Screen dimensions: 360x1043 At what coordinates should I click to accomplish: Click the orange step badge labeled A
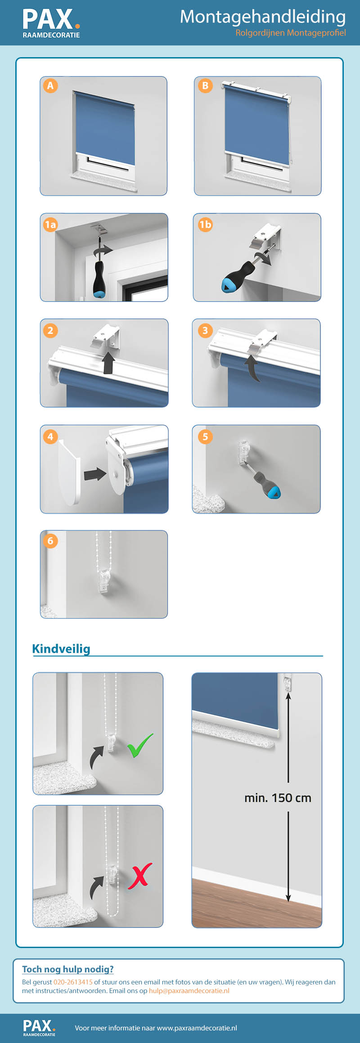coord(50,85)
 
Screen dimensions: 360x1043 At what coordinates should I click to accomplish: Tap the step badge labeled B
coord(205,85)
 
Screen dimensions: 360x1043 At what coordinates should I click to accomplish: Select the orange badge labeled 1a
coord(50,224)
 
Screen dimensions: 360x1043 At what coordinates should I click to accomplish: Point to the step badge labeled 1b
coord(205,224)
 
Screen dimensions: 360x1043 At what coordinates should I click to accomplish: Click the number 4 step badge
coord(50,436)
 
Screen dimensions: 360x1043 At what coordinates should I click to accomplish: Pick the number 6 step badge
coord(50,541)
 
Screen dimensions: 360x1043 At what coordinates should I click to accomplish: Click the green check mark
coord(140,745)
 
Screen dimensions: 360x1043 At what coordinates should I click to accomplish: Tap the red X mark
coord(140,876)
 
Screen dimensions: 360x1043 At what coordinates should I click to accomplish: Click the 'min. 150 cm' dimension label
coord(278,798)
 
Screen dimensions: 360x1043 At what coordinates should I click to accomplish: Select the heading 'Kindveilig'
coord(61,648)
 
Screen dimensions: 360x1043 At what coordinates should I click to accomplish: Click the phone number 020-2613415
coord(73,982)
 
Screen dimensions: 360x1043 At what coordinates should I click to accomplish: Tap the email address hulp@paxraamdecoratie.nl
coord(189,991)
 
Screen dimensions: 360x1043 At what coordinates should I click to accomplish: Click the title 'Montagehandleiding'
coord(263,17)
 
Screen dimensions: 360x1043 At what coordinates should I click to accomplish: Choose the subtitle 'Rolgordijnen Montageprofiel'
coord(291,33)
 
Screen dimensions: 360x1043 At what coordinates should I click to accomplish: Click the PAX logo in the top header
coord(51,23)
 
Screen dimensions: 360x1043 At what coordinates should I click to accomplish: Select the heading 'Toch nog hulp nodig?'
coord(68,969)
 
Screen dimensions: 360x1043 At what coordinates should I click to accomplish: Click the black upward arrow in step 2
coord(108,363)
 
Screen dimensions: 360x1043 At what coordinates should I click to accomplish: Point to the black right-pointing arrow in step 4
coord(95,473)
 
